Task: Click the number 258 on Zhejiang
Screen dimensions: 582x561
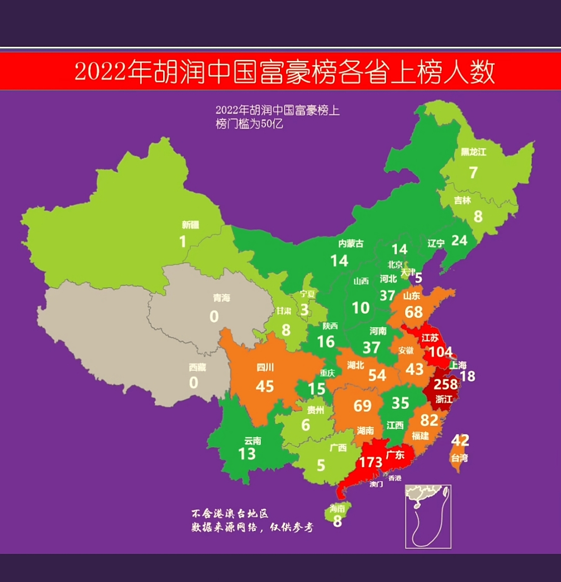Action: click(x=446, y=384)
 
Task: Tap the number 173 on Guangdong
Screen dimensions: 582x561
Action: click(x=371, y=462)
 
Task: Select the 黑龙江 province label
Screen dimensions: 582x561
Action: click(x=473, y=152)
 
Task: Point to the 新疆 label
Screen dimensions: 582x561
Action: click(x=190, y=225)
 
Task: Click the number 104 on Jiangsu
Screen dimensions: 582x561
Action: click(x=440, y=351)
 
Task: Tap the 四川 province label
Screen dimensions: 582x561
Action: click(x=265, y=367)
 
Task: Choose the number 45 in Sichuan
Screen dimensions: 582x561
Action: click(x=265, y=386)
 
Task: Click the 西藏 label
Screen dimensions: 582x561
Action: click(x=198, y=367)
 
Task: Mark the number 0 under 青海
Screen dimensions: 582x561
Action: click(x=214, y=316)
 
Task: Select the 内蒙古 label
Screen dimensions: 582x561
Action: click(x=351, y=244)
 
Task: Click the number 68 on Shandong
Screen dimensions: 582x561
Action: click(x=414, y=312)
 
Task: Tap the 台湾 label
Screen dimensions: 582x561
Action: click(x=459, y=458)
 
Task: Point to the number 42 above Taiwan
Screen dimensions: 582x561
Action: click(x=460, y=440)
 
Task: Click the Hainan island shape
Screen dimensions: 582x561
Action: click(x=337, y=514)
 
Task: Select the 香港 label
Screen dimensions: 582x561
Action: click(x=395, y=478)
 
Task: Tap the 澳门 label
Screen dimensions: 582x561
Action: click(x=376, y=484)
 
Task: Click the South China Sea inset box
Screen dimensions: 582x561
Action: click(x=428, y=516)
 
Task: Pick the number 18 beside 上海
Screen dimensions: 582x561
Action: click(x=467, y=376)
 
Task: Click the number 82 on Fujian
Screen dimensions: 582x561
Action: click(x=429, y=420)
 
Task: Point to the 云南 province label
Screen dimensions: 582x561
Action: click(x=253, y=441)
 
